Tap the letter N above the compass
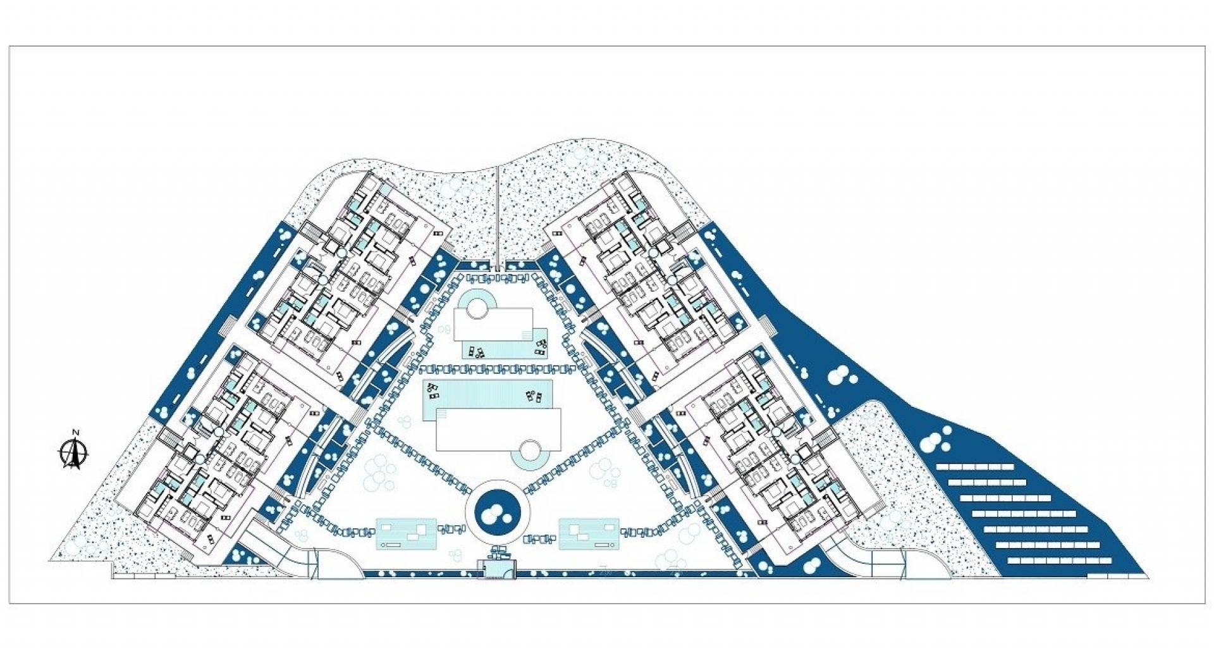click(75, 432)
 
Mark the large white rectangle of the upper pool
click(493, 323)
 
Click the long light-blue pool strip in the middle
click(487, 399)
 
